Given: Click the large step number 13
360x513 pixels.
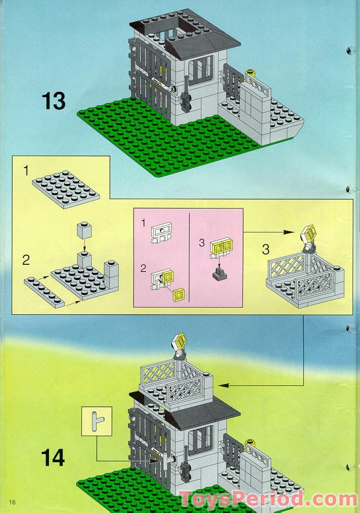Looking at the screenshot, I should [x=54, y=101].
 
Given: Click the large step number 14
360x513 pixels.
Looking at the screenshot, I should [x=53, y=458].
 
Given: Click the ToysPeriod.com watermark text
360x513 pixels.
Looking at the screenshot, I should [x=268, y=499].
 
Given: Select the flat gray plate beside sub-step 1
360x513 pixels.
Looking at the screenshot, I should [x=66, y=189].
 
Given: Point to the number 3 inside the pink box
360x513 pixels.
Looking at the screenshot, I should [x=202, y=243].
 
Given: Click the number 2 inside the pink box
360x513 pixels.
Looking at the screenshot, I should [x=143, y=268].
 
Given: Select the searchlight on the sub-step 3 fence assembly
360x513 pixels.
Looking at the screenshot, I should [x=308, y=237].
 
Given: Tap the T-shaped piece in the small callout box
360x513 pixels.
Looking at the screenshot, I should [x=96, y=421].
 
